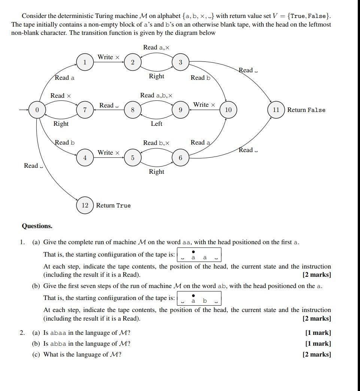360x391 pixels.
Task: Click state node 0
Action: [x=37, y=110]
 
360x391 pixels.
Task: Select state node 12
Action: [x=85, y=205]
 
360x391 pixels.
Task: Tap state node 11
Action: [x=276, y=110]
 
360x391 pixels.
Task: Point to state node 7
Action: [x=85, y=110]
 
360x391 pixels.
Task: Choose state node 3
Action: [x=180, y=63]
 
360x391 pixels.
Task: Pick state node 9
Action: [x=180, y=110]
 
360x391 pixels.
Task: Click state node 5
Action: [x=133, y=158]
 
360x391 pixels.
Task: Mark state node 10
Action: [x=228, y=110]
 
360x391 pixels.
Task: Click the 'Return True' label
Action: [x=113, y=206]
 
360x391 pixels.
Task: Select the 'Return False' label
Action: [x=306, y=110]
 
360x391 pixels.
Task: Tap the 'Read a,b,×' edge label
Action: [x=156, y=96]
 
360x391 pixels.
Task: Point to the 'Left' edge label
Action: [x=156, y=124]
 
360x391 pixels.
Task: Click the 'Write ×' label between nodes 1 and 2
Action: [x=108, y=57]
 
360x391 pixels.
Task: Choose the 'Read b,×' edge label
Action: [x=156, y=143]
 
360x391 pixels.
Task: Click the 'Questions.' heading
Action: [x=37, y=226]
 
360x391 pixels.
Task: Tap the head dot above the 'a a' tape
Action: [x=193, y=252]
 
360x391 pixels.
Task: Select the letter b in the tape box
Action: [x=205, y=301]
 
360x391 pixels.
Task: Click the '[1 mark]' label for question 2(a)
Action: [x=318, y=333]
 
